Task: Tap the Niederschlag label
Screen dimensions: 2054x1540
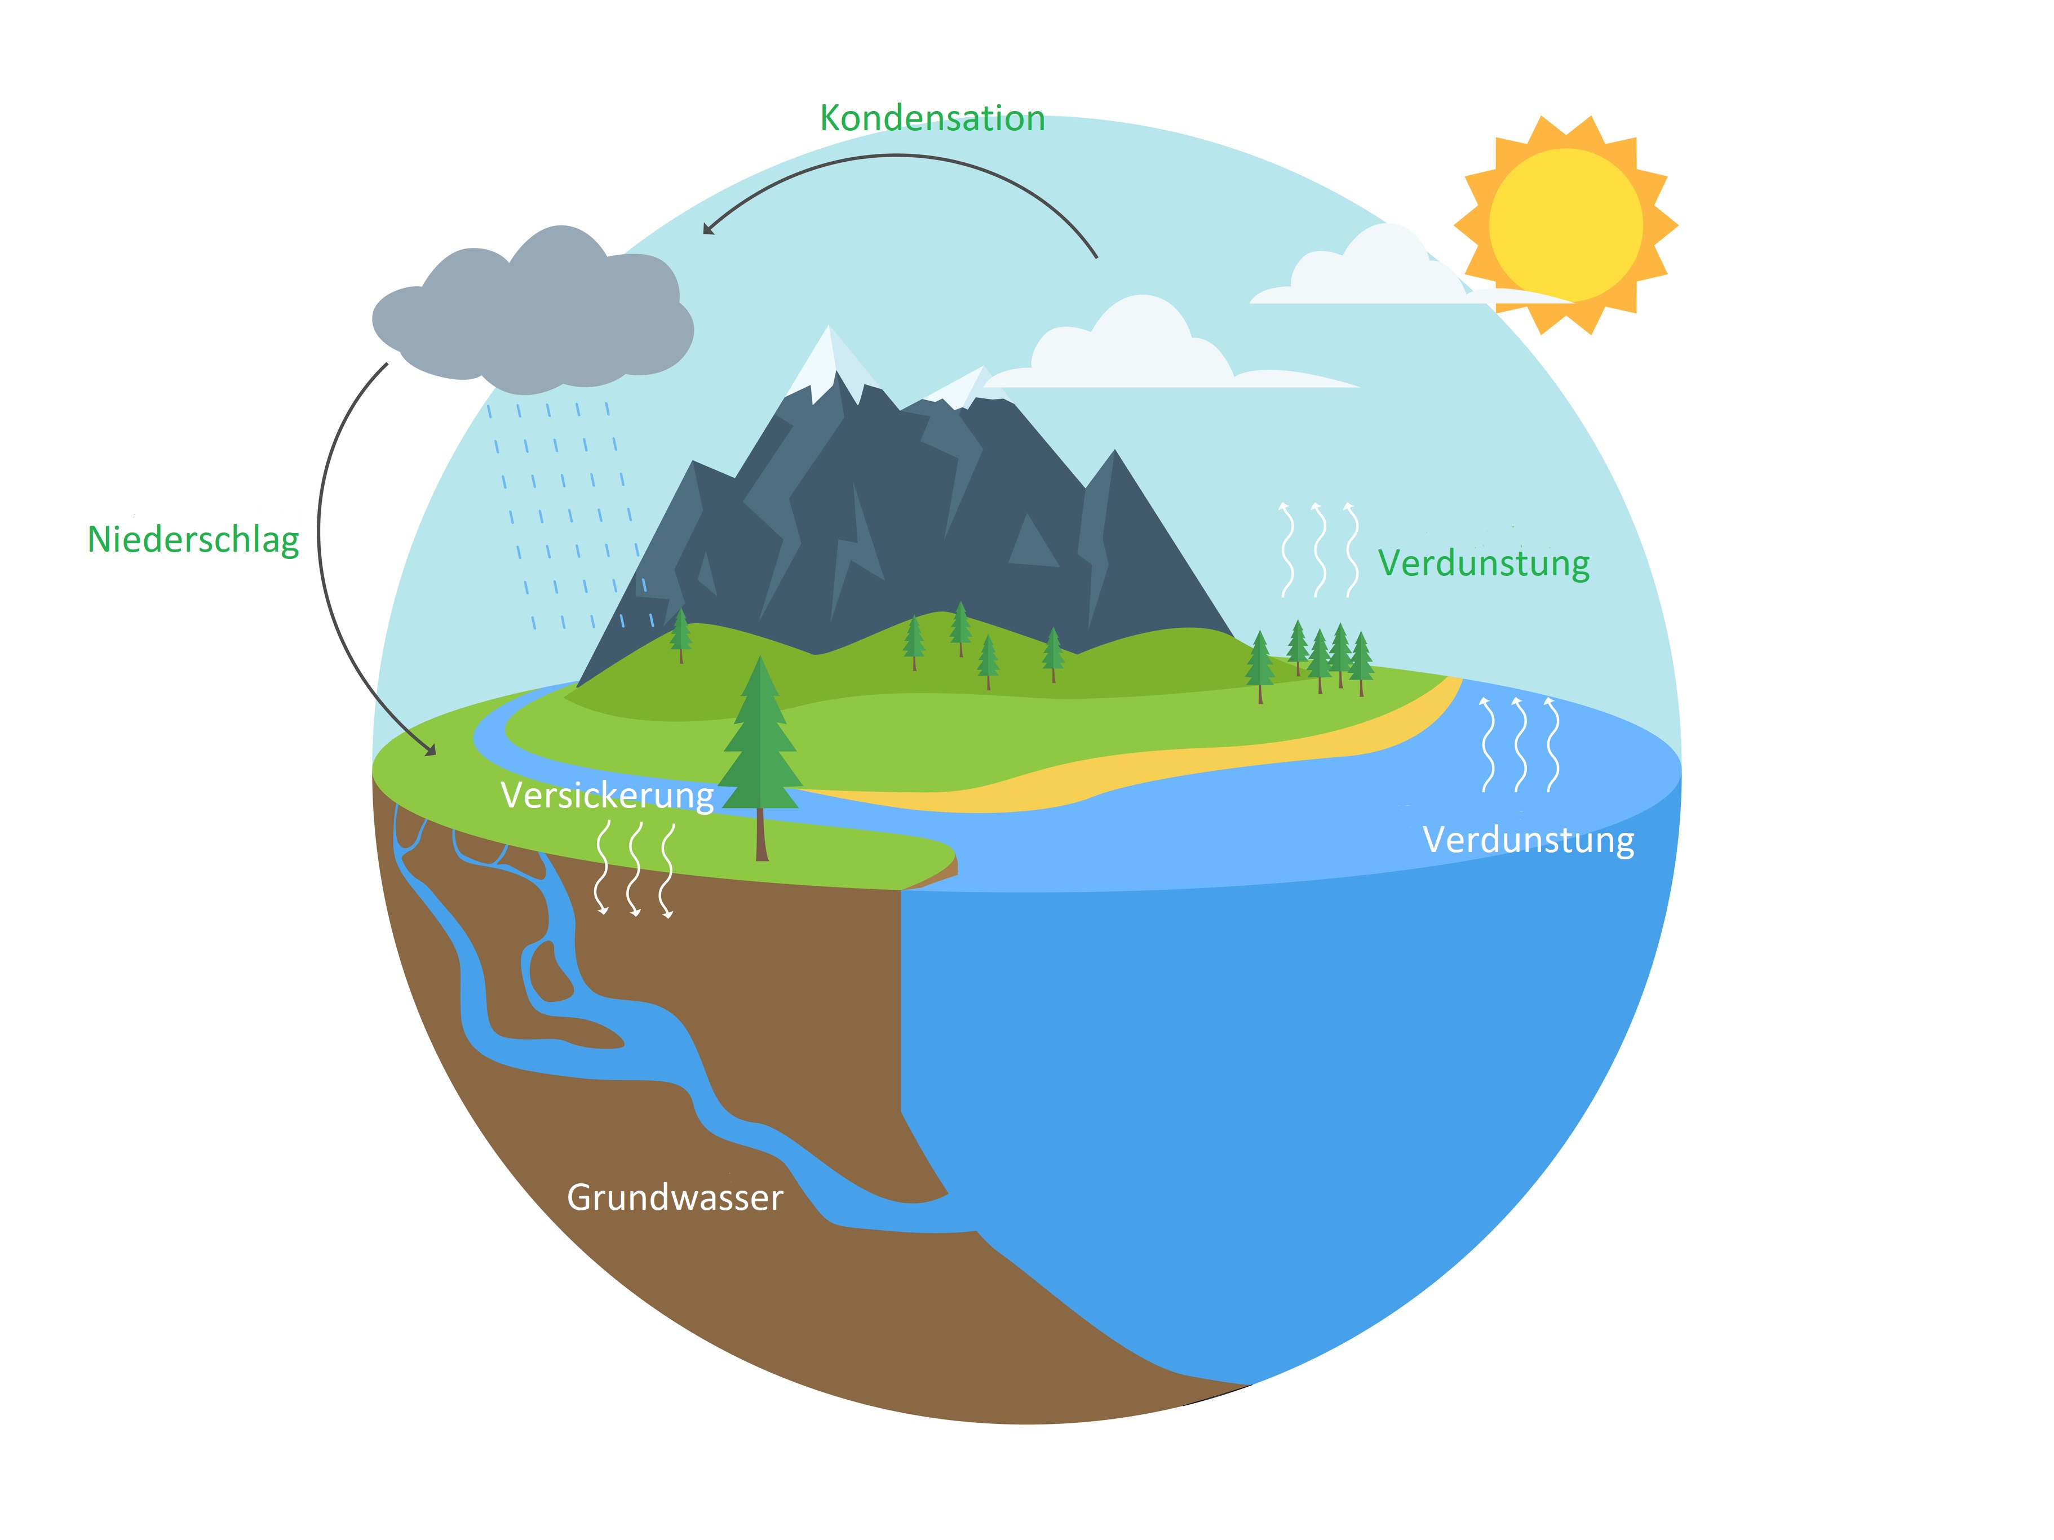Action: [193, 539]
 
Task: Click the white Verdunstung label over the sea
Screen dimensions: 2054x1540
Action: [1529, 840]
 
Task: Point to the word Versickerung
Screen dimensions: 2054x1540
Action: [607, 796]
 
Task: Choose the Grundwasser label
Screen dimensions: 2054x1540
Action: [675, 1197]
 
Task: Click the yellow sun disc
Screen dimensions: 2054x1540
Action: [1565, 225]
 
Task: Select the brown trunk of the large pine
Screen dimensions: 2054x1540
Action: [762, 833]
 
